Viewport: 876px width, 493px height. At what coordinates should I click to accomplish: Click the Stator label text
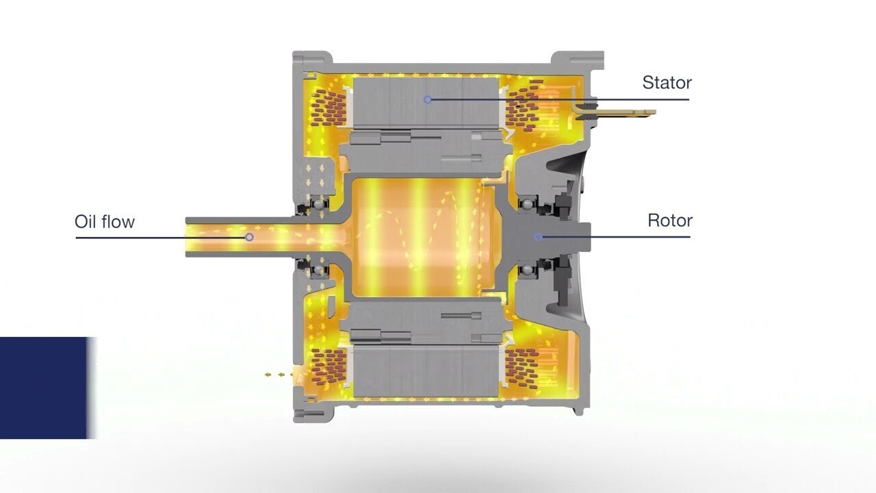point(667,83)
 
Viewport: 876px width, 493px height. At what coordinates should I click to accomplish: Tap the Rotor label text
point(670,220)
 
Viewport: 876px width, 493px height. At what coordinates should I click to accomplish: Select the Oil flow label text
point(105,221)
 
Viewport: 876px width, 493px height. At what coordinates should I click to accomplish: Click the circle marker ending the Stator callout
point(428,100)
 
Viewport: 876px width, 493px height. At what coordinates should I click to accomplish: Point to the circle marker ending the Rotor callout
point(538,237)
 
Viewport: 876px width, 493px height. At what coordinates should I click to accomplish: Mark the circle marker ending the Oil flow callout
point(249,237)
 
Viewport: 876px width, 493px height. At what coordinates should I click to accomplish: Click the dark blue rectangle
point(44,388)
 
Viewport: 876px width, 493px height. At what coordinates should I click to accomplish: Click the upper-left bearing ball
point(319,204)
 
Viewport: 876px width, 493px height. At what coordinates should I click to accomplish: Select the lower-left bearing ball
point(319,270)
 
